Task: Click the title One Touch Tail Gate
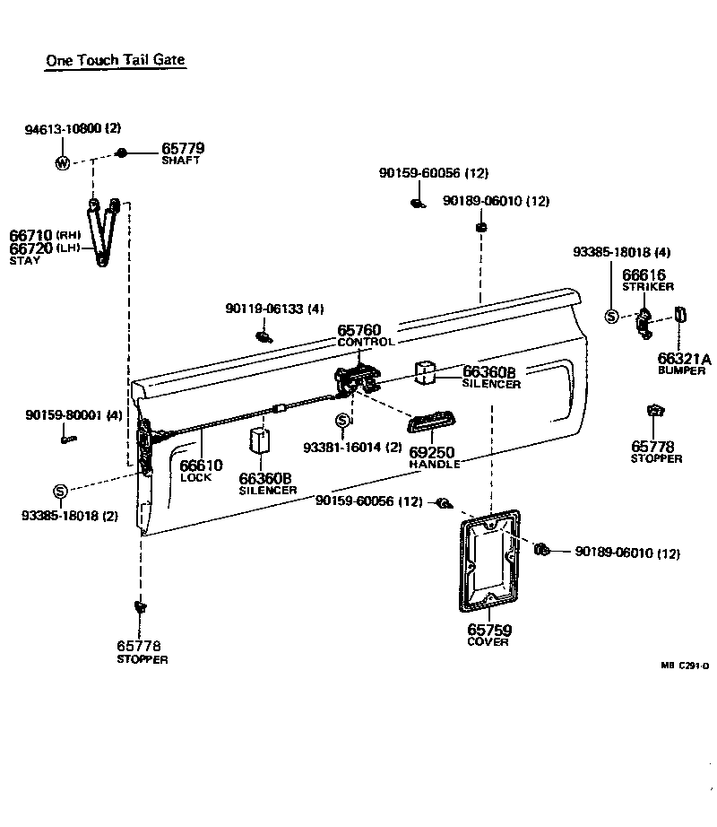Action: pyautogui.click(x=116, y=60)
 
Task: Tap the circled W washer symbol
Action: pyautogui.click(x=63, y=163)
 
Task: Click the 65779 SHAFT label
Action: pyautogui.click(x=183, y=153)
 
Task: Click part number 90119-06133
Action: pyautogui.click(x=274, y=309)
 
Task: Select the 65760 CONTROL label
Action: pyautogui.click(x=365, y=335)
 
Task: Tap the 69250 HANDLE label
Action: pyautogui.click(x=434, y=457)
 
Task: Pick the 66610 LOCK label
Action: pyautogui.click(x=201, y=471)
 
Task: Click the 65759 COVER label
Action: pyautogui.click(x=488, y=635)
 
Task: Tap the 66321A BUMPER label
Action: pyautogui.click(x=684, y=363)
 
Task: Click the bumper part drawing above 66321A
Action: pyautogui.click(x=679, y=318)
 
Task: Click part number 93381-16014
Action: pyautogui.click(x=352, y=448)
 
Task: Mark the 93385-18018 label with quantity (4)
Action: pyautogui.click(x=621, y=253)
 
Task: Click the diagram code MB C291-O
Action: pyautogui.click(x=685, y=666)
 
